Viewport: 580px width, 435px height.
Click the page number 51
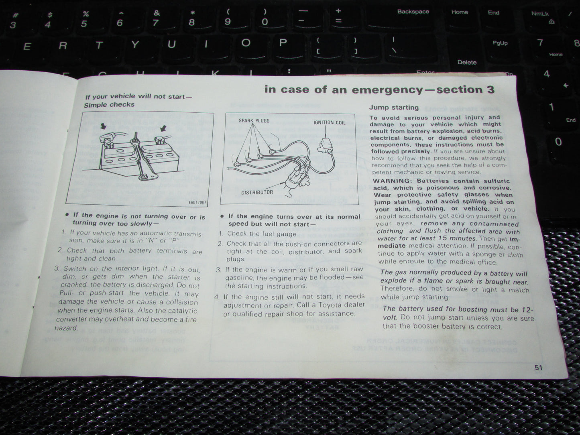[x=538, y=367]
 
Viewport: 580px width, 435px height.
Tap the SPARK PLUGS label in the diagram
[x=254, y=120]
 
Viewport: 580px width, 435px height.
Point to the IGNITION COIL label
[x=329, y=122]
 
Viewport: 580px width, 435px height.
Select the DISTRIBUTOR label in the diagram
[x=257, y=193]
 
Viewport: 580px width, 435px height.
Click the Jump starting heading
[x=394, y=108]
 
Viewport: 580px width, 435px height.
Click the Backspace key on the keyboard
[x=413, y=12]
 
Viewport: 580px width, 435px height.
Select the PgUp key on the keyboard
[x=500, y=43]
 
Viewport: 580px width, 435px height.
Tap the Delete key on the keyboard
[x=467, y=62]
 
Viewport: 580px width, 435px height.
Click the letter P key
[x=283, y=43]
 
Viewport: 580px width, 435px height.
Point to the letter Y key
[x=135, y=45]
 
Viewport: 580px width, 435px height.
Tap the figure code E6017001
[x=197, y=202]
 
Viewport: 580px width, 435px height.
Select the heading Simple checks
[x=109, y=105]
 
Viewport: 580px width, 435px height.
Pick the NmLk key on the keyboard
[x=540, y=14]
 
